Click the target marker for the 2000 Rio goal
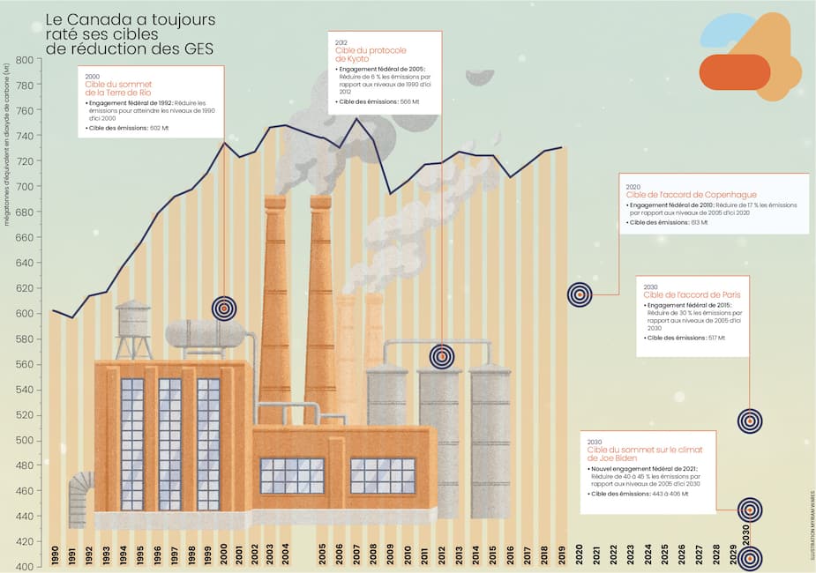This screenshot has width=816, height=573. pyautogui.click(x=224, y=308)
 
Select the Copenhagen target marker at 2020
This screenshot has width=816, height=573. pyautogui.click(x=580, y=294)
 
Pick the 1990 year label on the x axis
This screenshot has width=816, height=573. pyautogui.click(x=55, y=554)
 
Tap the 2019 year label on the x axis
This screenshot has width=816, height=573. pyautogui.click(x=562, y=554)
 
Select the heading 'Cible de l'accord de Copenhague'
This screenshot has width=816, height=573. pyautogui.click(x=692, y=195)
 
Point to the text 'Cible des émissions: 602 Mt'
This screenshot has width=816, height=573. pyautogui.click(x=128, y=129)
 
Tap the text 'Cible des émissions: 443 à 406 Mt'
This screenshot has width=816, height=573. pyautogui.click(x=637, y=495)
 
